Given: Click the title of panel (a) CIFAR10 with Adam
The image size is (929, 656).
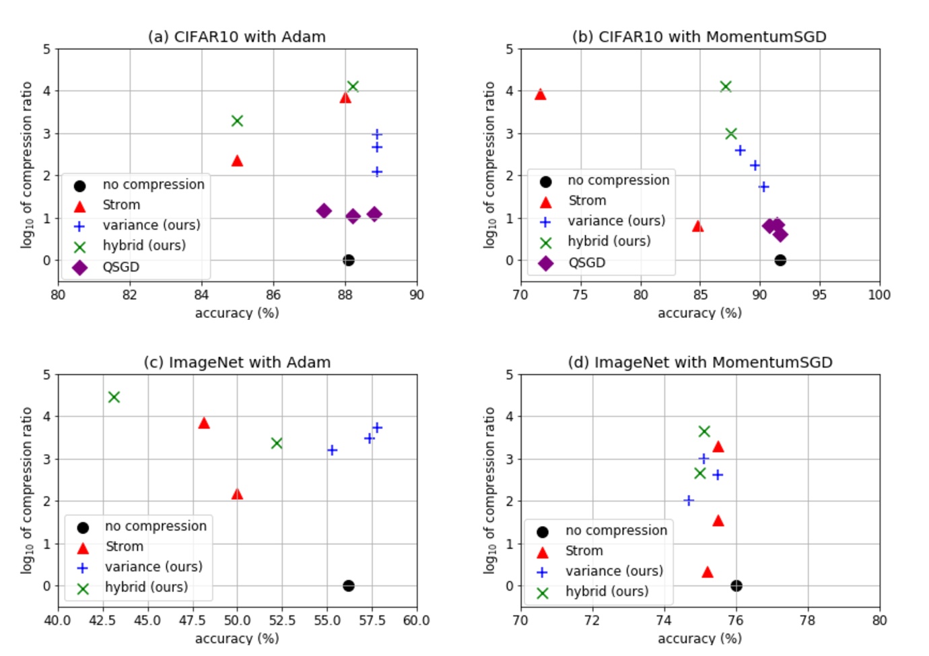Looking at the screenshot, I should point(236,37).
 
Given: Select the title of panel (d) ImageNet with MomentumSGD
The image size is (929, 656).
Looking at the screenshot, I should point(699,362).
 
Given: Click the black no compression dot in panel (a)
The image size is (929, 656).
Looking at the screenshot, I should point(348,260).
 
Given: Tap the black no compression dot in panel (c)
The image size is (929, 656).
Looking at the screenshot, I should point(348,586).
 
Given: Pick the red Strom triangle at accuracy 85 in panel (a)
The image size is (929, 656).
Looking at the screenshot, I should point(237,161).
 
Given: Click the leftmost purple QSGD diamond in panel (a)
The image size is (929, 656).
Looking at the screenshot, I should point(324,211).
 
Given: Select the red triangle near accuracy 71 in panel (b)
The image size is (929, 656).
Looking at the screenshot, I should point(540,95).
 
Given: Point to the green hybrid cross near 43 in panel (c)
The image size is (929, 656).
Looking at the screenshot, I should point(114,397).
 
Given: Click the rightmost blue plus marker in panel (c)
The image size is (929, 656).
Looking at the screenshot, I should point(377,428).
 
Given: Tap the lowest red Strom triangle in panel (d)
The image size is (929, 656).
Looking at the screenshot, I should point(707,572).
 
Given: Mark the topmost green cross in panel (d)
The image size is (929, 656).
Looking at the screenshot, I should point(704,432).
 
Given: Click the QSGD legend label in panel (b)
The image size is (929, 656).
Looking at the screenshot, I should point(586,263).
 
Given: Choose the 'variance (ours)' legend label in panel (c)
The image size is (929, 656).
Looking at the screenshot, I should point(153,567).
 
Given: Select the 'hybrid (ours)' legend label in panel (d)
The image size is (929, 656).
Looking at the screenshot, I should point(607,591).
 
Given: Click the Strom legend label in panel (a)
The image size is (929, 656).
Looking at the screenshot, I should point(121,205).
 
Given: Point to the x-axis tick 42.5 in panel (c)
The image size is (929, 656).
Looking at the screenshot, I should point(102,620).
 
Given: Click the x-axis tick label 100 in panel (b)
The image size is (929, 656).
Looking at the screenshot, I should point(879,295).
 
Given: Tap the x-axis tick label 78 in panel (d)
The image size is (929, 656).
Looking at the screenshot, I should point(807,620).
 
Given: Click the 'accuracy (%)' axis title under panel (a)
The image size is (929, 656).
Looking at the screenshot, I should point(236,313).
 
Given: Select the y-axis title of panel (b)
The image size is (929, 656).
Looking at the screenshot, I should point(489,165).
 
